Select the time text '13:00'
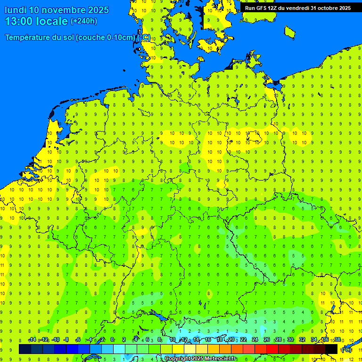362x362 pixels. (19, 21)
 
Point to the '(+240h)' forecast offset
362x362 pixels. (84, 21)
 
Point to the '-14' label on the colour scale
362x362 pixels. (32, 340)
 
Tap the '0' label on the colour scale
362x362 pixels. (112, 340)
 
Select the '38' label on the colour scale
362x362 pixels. (337, 340)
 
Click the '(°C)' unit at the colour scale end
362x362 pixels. (346, 350)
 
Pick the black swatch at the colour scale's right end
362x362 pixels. (331, 349)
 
